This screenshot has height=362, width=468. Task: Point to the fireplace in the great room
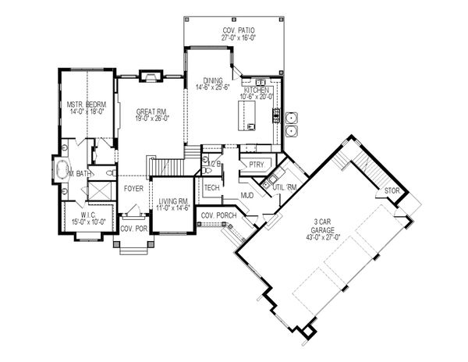coord(149,76)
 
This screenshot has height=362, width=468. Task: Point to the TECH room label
coord(211,188)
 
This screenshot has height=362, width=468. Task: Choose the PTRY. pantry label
coord(253,165)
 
